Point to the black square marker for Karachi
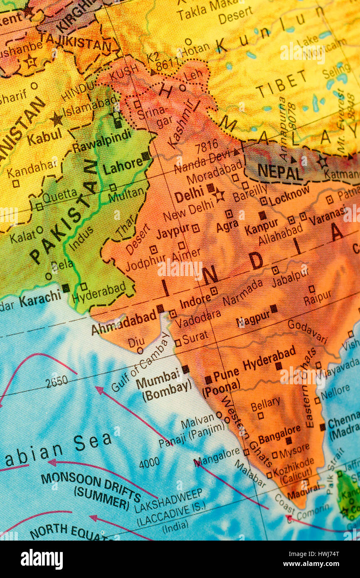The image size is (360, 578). tap(66, 288)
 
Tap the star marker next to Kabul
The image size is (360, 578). tap(57, 120)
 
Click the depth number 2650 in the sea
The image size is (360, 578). tap(57, 381)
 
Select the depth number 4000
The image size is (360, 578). tap(149, 462)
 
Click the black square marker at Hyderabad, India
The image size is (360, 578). tap(278, 366)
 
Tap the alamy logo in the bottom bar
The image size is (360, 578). tap(42, 559)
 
